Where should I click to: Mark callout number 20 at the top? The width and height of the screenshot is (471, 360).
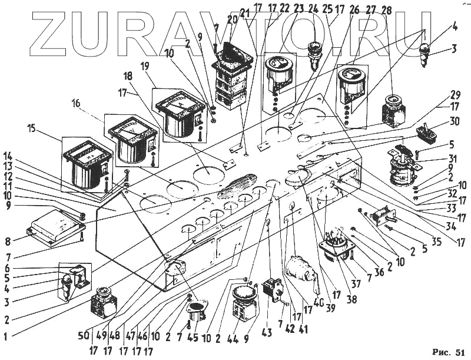click(231, 19)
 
